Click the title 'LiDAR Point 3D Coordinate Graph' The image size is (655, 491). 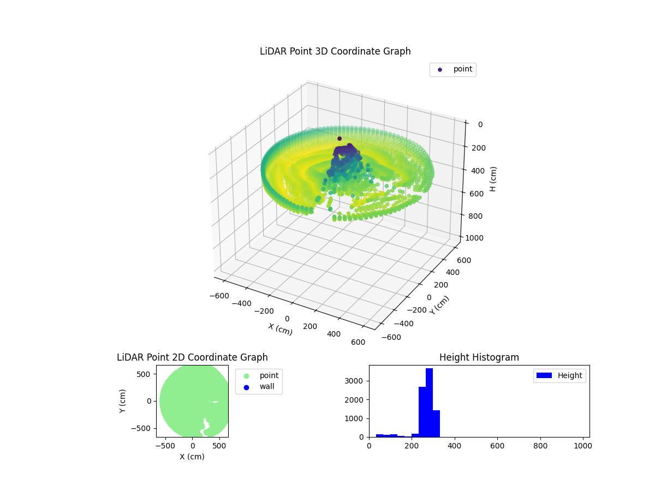pos(335,51)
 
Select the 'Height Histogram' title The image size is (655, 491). pos(479,357)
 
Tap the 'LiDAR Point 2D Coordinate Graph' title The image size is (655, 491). pos(192,357)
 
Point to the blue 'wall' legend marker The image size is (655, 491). pos(246,387)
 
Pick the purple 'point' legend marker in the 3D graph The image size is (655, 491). pos(440,69)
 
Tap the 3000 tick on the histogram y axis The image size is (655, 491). pos(359,381)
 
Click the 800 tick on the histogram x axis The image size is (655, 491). pos(540,446)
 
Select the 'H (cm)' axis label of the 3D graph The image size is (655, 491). pos(493,179)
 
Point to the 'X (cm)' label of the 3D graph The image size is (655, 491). pos(280,329)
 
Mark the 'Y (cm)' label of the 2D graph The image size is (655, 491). pos(123,401)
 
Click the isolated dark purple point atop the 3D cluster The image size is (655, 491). pos(340,139)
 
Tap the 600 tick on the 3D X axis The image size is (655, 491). pos(358,342)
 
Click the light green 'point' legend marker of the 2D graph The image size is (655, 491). pos(246,375)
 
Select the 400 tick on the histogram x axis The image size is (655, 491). pos(455,446)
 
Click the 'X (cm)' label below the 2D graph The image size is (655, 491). pos(192,457)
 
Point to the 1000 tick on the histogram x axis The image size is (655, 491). pos(582,446)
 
